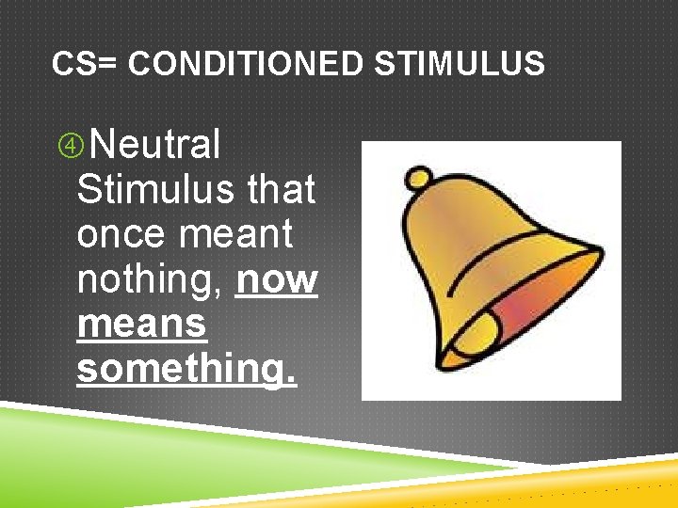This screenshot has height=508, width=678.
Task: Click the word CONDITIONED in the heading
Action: coord(244,64)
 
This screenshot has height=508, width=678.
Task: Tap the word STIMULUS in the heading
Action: coord(459,64)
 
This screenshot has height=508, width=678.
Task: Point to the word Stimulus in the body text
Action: coord(156,190)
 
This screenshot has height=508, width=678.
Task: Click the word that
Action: coord(281,190)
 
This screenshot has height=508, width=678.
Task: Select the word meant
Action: coord(247,234)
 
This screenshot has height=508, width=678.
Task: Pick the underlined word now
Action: coord(278,279)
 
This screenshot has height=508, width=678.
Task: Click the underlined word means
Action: coord(141,324)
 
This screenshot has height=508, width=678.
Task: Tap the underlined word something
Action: coord(186,369)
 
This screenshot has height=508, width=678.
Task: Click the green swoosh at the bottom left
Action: coord(141,452)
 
